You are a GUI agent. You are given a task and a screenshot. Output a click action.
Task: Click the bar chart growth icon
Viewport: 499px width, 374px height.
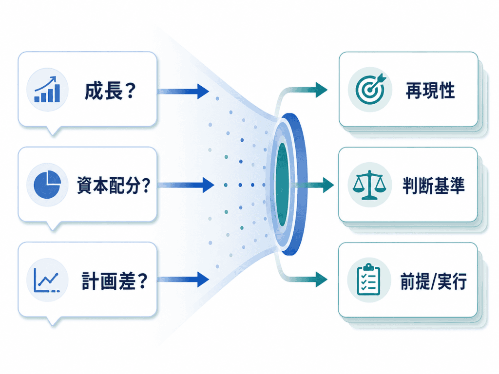tap(47, 90)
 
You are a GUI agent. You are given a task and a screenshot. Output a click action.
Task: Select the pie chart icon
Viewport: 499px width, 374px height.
tap(47, 185)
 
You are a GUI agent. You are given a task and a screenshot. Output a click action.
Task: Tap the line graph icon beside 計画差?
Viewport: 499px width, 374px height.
tap(46, 280)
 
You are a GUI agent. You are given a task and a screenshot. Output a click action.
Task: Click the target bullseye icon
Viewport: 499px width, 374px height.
tap(370, 89)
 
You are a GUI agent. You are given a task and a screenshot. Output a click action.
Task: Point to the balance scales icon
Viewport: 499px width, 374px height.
tap(369, 185)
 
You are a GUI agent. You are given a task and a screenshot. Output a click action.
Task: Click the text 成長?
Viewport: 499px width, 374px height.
tap(110, 91)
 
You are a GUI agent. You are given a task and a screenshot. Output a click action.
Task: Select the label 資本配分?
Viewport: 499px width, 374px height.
tap(113, 186)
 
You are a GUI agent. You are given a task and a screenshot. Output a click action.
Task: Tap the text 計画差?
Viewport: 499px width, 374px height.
tap(115, 281)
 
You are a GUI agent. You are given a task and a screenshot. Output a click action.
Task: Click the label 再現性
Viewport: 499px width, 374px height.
tap(430, 91)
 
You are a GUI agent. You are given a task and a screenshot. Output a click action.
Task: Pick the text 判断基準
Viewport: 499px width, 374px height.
tap(433, 186)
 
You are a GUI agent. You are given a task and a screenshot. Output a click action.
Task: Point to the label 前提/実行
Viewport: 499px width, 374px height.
tap(433, 281)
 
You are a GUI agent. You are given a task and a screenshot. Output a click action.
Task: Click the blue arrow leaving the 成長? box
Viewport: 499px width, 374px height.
tap(183, 92)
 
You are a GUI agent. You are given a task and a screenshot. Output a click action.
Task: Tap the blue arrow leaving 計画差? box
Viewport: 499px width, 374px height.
tap(183, 280)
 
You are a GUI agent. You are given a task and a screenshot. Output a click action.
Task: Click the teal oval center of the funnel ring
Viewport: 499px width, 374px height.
tap(282, 185)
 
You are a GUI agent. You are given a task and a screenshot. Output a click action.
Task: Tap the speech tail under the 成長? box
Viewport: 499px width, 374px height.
tap(54, 131)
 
